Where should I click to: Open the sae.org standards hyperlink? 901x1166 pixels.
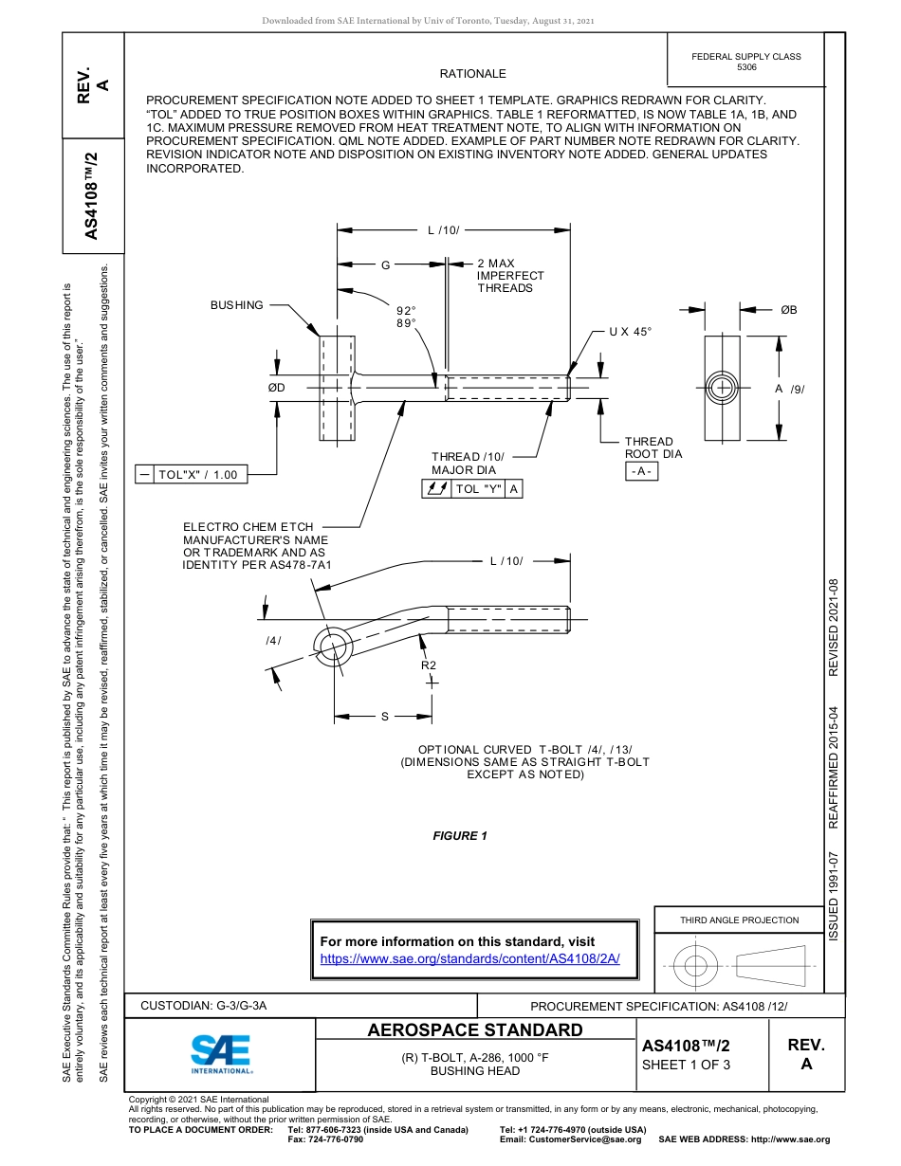coord(469,958)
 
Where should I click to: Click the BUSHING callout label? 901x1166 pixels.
coord(237,305)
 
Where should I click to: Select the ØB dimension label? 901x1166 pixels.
coord(788,310)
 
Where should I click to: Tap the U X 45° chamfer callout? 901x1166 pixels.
coord(631,332)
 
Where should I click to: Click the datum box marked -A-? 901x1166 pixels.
coord(642,472)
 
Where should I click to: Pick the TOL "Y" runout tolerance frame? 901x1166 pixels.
coord(471,489)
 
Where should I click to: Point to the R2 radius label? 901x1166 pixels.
coord(429,665)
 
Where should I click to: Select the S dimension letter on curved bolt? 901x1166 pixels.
coord(384,717)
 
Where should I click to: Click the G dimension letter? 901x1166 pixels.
coord(385,265)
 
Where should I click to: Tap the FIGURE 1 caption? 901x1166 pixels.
coord(460,836)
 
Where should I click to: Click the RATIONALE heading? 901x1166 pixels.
coord(472,74)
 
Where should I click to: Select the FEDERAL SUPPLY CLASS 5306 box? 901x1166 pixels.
coord(745,62)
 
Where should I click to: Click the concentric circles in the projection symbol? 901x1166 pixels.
coord(696,966)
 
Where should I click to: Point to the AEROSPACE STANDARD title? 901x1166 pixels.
coord(475,1030)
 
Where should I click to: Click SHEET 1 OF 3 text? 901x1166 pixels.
coord(686,1065)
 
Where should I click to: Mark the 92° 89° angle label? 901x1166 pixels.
coord(406,317)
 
